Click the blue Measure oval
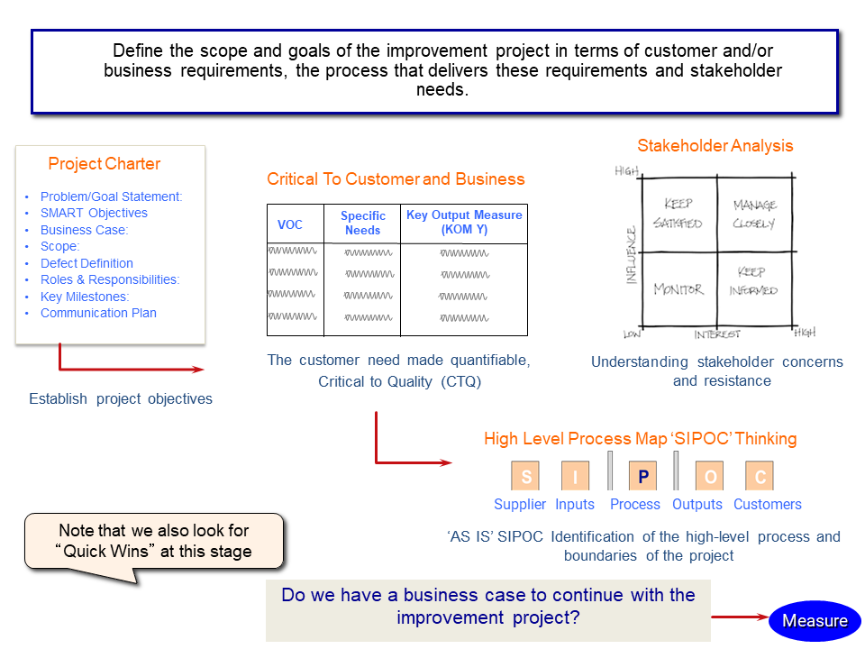coord(815,621)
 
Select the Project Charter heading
coord(105,164)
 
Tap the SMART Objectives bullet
coord(94,213)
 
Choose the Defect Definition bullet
coord(86,263)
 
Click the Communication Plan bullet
coord(98,313)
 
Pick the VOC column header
coord(289,224)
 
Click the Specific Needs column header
coord(362,223)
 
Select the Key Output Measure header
coord(464,222)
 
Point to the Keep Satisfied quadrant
coord(679,214)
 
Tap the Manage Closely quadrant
coord(755,214)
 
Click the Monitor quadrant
coord(679,288)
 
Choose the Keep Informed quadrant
coord(755,288)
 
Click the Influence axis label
coord(632,255)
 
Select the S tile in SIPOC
coord(525,476)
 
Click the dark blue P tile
coord(642,476)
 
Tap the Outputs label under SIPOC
coord(697,505)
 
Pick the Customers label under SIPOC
coord(768,505)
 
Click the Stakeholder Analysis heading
coord(715,146)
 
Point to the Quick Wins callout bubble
coord(154,541)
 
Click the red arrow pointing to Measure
coord(740,617)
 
